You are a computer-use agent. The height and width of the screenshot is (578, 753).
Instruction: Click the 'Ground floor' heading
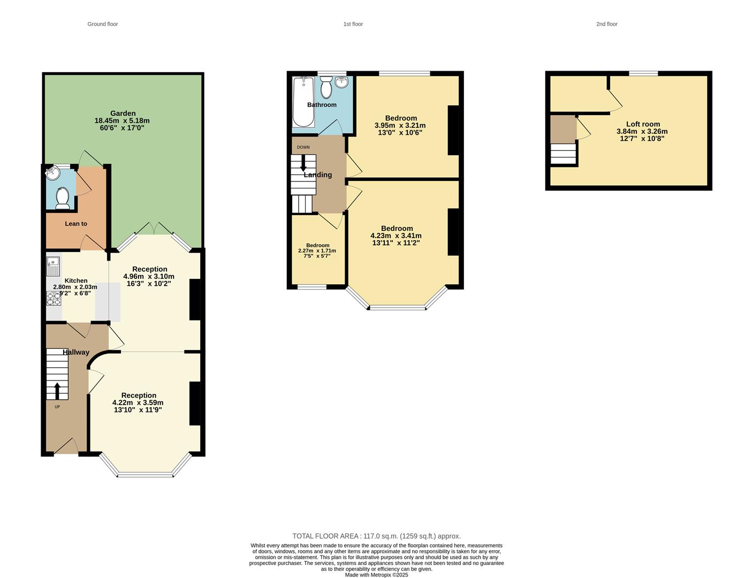pos(103,24)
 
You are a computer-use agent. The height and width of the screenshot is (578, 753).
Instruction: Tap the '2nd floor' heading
pos(607,24)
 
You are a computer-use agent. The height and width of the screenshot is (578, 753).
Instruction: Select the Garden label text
pos(123,113)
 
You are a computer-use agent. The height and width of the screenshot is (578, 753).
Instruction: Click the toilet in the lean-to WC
pos(63,198)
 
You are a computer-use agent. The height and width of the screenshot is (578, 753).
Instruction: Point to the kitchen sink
pos(53,266)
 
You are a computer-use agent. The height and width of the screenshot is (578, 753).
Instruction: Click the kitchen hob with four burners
pos(54,298)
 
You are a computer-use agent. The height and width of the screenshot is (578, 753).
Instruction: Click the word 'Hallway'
pos(76,352)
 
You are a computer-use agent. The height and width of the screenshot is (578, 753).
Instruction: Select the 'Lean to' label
pos(76,224)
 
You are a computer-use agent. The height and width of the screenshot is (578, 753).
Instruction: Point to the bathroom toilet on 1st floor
pos(326,88)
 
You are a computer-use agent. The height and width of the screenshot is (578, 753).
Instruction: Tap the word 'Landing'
pos(318,175)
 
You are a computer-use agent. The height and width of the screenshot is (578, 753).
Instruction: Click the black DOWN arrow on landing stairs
pos(303,163)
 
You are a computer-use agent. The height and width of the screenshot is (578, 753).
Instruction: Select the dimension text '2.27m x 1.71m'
pos(317,250)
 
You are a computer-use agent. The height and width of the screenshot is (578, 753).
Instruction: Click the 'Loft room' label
pos(643,124)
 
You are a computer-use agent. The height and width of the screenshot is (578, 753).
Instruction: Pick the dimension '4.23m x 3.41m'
pos(396,235)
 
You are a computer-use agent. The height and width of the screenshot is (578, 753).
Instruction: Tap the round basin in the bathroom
pos(342,82)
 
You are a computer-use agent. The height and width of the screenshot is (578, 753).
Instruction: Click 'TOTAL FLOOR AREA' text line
pos(376,536)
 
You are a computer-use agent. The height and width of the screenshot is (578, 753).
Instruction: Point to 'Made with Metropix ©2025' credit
pos(376,575)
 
